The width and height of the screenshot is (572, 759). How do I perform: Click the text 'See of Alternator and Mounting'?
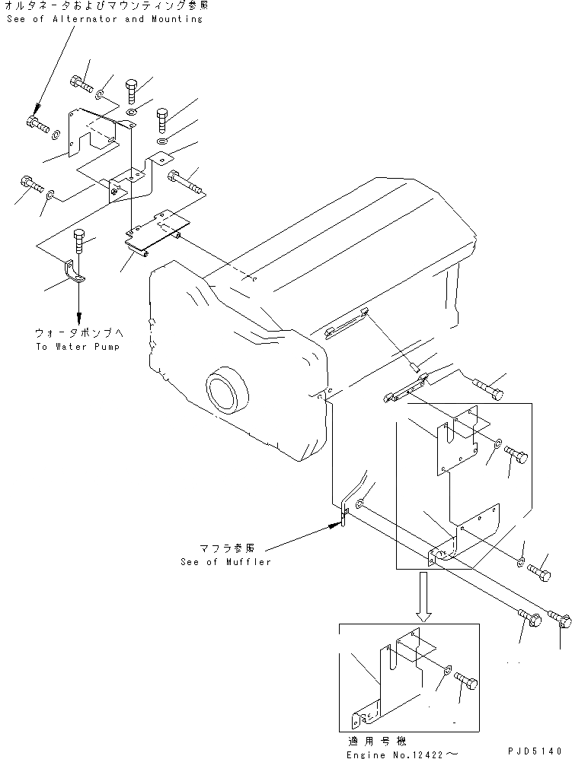[104, 19]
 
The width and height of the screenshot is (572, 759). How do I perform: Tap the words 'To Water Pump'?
[77, 346]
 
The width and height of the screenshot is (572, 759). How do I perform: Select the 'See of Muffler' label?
[225, 562]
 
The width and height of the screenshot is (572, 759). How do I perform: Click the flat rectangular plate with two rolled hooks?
[158, 233]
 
